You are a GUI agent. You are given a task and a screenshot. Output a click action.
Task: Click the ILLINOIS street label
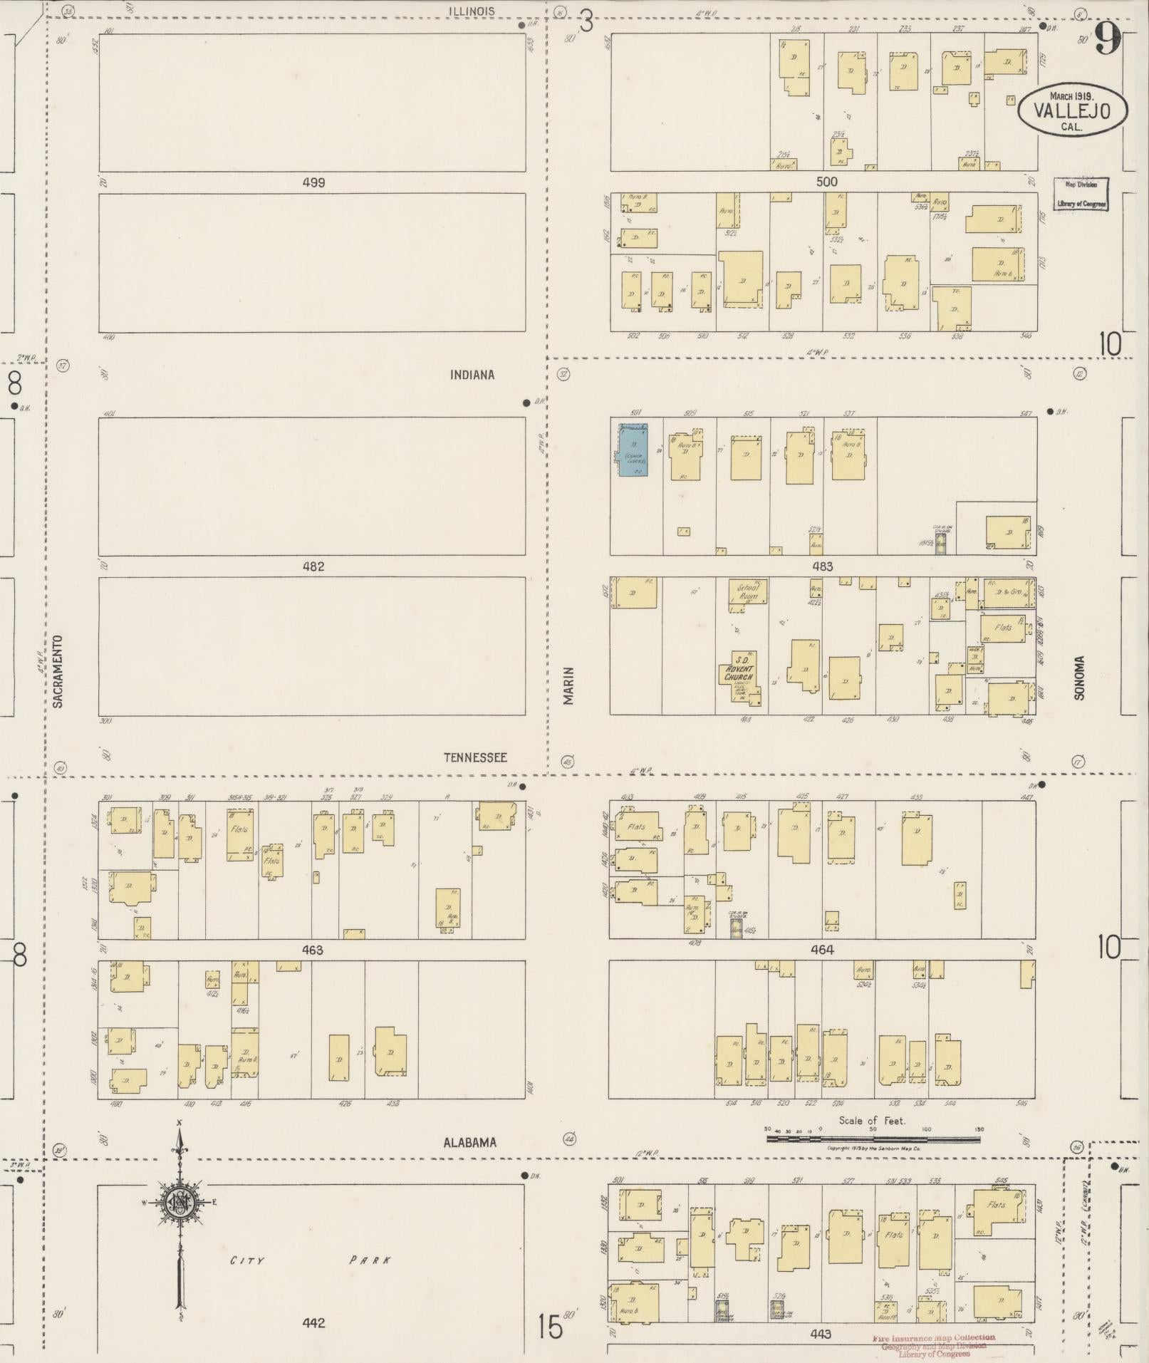[471, 11]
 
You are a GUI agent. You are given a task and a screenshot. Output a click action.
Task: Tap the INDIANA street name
[472, 375]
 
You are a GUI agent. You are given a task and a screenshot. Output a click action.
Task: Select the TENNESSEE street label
[475, 757]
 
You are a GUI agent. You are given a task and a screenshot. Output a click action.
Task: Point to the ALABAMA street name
[469, 1142]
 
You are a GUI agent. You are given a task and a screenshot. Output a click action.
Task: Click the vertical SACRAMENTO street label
[58, 671]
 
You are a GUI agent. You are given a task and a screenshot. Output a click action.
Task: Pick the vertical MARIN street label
[568, 685]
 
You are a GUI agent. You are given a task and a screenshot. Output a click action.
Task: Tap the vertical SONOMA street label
[1078, 678]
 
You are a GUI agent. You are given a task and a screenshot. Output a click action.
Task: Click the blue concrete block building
[633, 450]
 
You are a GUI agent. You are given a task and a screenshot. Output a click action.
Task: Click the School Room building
[747, 594]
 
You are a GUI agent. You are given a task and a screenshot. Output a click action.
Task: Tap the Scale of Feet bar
[873, 1139]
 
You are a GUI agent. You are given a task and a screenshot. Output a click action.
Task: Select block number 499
[313, 182]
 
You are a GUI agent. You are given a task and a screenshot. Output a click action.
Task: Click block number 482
[313, 566]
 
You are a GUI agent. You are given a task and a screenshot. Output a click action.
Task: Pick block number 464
[821, 950]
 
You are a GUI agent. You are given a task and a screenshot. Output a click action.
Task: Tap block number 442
[313, 1323]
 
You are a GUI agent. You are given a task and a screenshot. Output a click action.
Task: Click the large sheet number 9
[1108, 39]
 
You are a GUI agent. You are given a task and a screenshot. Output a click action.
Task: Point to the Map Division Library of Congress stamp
[1081, 194]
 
